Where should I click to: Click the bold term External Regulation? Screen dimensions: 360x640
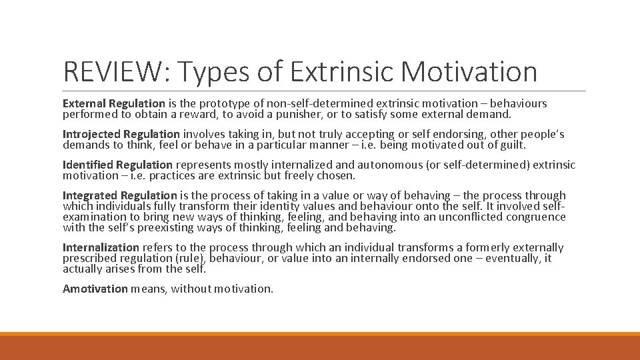click(113, 103)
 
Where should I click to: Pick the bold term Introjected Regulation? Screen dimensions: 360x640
click(121, 134)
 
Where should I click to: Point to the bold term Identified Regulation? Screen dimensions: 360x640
click(117, 165)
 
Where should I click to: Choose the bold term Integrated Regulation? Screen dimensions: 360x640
click(120, 195)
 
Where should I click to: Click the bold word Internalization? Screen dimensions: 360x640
click(101, 247)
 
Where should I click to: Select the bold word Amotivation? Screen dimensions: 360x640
click(95, 289)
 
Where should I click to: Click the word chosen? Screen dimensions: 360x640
click(337, 175)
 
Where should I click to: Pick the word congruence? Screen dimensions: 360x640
click(533, 217)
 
